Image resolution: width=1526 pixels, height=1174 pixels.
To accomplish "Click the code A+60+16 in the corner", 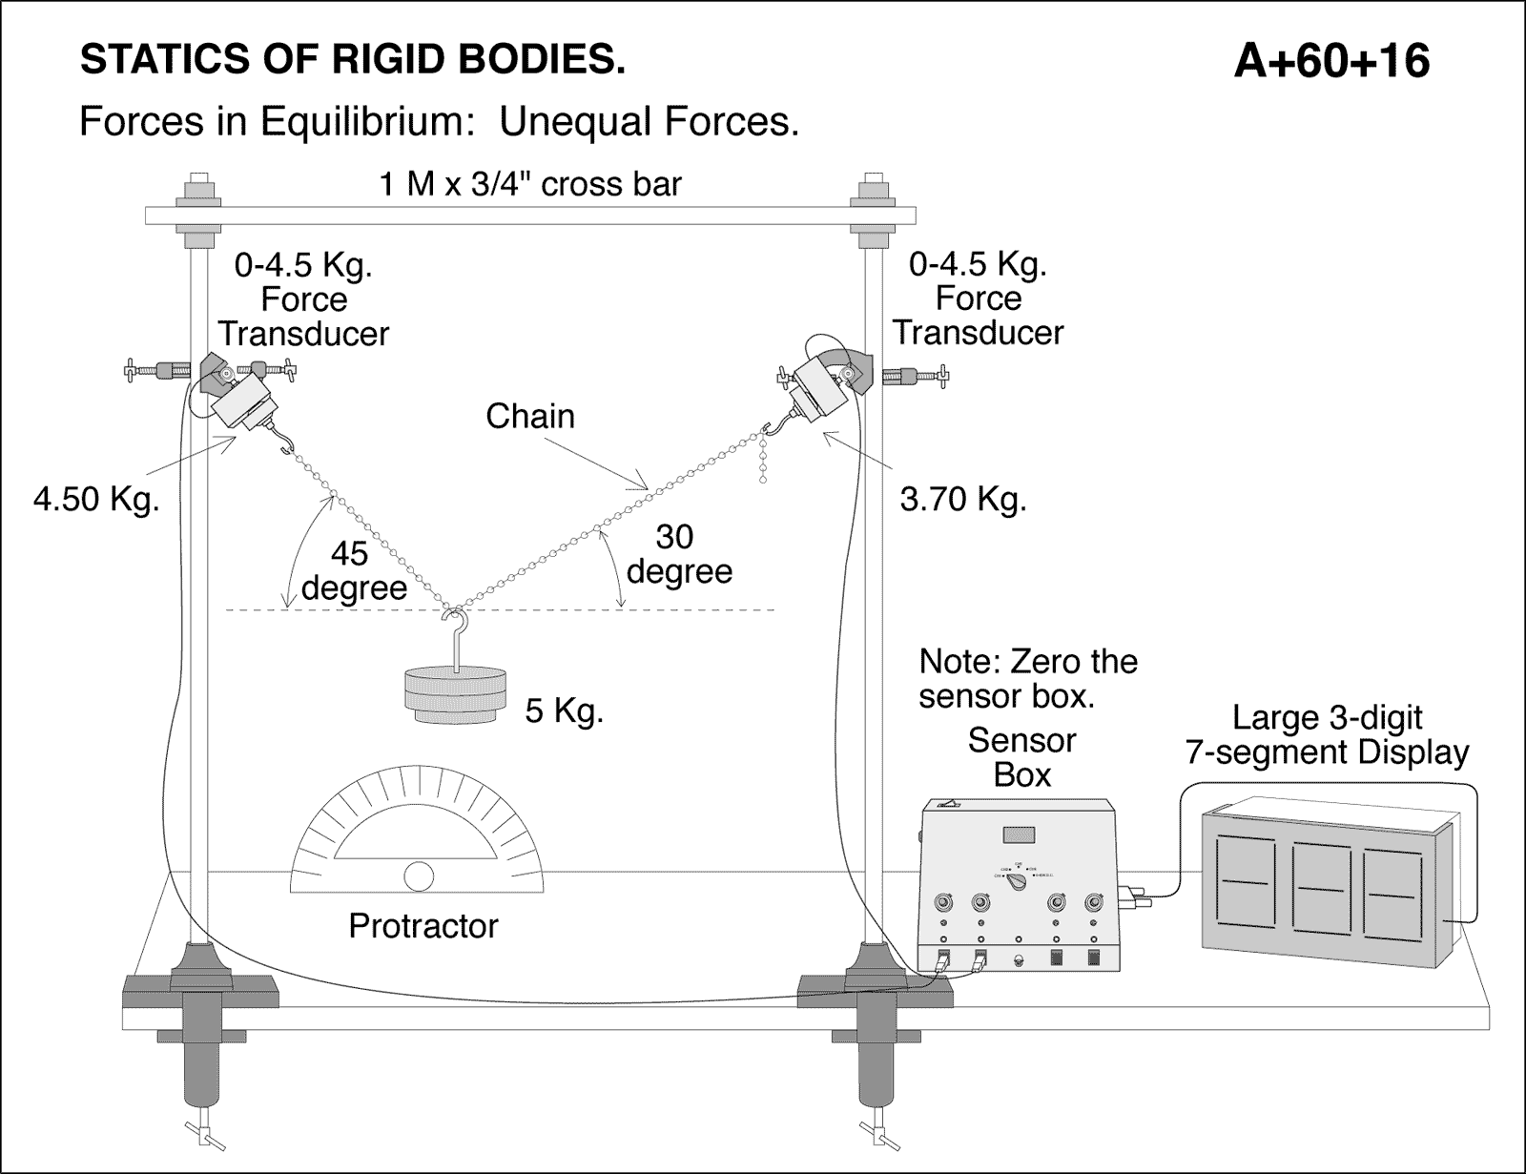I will [x=1330, y=61].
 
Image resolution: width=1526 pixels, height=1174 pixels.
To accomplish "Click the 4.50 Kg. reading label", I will [x=95, y=499].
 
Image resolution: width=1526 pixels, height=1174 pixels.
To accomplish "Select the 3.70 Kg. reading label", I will [x=962, y=499].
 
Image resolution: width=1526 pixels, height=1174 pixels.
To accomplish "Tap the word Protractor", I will [x=423, y=926].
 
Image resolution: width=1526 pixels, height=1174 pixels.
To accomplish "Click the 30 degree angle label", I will [x=678, y=554].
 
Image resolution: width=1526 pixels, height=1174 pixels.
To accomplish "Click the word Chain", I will [x=529, y=416].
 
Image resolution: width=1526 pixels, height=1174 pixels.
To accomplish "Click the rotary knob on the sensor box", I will [x=1018, y=882].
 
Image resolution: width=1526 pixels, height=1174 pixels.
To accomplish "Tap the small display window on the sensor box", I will [x=1018, y=835].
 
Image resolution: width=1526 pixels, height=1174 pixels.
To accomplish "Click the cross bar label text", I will [x=530, y=183].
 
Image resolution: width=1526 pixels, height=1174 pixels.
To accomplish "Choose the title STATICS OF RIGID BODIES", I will [x=353, y=60].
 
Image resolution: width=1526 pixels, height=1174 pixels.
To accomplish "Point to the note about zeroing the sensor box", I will [x=1027, y=678].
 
